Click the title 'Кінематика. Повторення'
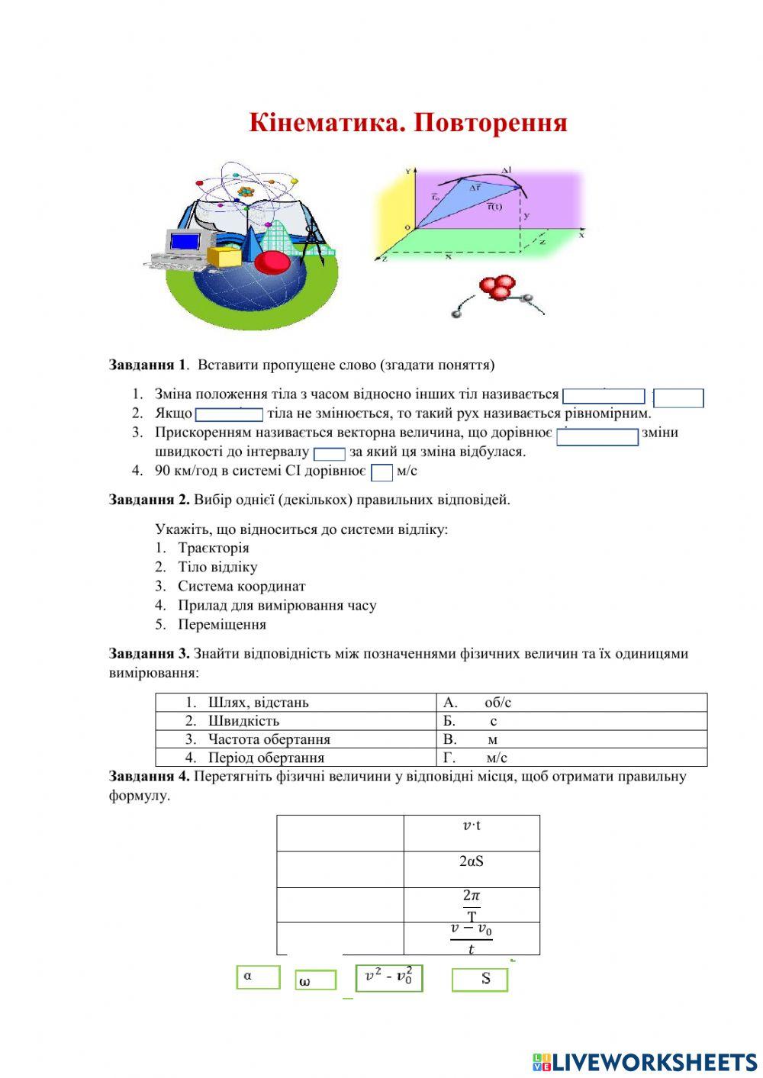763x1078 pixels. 407,123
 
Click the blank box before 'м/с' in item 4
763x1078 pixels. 381,472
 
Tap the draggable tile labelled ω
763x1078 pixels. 315,980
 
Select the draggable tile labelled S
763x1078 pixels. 479,980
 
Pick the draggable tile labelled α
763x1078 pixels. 258,977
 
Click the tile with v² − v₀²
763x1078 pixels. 389,977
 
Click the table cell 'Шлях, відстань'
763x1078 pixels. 258,702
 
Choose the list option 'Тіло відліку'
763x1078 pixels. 217,567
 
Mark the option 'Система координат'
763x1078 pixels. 241,586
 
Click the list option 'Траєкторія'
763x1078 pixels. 213,548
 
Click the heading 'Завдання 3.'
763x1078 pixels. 149,653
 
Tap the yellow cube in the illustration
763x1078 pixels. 224,256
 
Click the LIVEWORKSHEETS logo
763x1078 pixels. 644,1061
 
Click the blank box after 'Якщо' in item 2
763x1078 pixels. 229,414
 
